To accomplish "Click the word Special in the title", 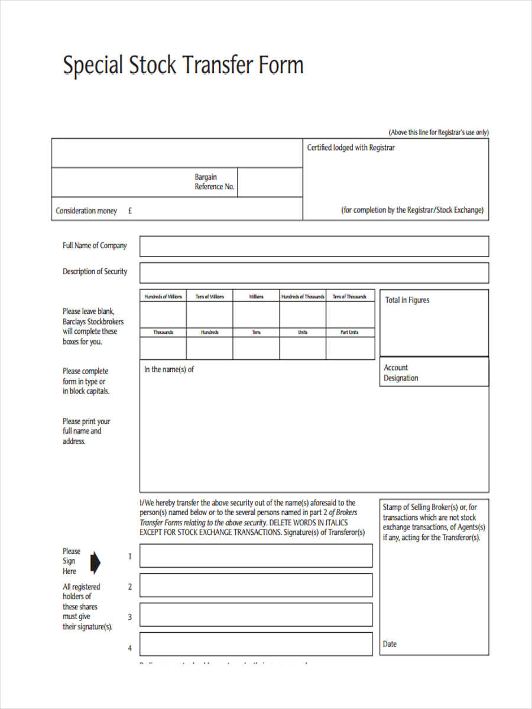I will pyautogui.click(x=93, y=65).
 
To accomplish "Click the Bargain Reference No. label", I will pyautogui.click(x=215, y=182).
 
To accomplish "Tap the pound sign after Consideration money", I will pyautogui.click(x=129, y=211).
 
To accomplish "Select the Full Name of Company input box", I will pyautogui.click(x=314, y=246).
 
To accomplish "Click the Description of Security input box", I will pyautogui.click(x=314, y=272).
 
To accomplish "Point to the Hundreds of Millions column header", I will pyautogui.click(x=163, y=297).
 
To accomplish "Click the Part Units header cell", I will pyautogui.click(x=349, y=333).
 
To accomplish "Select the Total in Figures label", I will pyautogui.click(x=407, y=300).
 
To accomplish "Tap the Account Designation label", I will pyautogui.click(x=401, y=373).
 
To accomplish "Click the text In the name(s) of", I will pyautogui.click(x=169, y=369).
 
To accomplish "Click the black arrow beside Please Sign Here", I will pyautogui.click(x=95, y=562).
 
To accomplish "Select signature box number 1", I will pyautogui.click(x=256, y=556).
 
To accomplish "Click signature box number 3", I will pyautogui.click(x=256, y=614).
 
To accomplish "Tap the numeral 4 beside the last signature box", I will pyautogui.click(x=130, y=648).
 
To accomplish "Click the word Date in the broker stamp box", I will pyautogui.click(x=390, y=644).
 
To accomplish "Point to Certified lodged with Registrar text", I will pyautogui.click(x=351, y=148).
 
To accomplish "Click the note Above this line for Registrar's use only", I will pyautogui.click(x=438, y=132).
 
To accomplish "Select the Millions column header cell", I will pyautogui.click(x=256, y=297).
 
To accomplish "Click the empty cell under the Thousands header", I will pyautogui.click(x=163, y=348).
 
